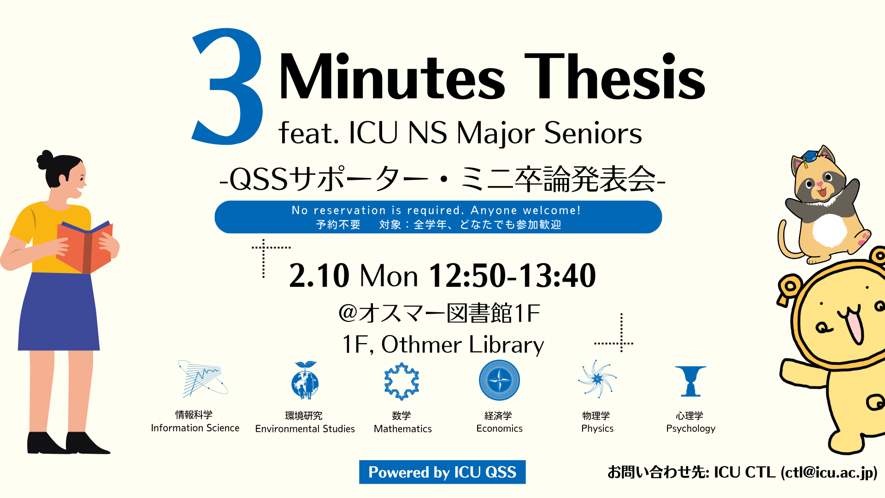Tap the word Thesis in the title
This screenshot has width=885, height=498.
click(615, 77)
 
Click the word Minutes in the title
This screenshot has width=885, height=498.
click(392, 77)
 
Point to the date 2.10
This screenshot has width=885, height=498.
click(319, 276)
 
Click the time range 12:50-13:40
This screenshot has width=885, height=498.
click(512, 276)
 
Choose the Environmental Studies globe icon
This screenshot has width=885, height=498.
click(305, 380)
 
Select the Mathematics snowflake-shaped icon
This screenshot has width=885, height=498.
click(402, 381)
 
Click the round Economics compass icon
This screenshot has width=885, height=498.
click(499, 380)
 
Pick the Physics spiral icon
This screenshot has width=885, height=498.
click(597, 379)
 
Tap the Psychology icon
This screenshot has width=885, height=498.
click(690, 381)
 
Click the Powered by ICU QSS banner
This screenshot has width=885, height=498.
click(442, 472)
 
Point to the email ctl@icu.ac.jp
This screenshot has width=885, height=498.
click(829, 472)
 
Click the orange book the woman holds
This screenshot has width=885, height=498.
click(85, 247)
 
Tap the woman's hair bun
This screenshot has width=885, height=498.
click(45, 160)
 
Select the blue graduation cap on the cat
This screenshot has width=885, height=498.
click(809, 157)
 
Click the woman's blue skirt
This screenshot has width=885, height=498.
click(59, 312)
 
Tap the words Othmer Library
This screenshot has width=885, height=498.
click(462, 345)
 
